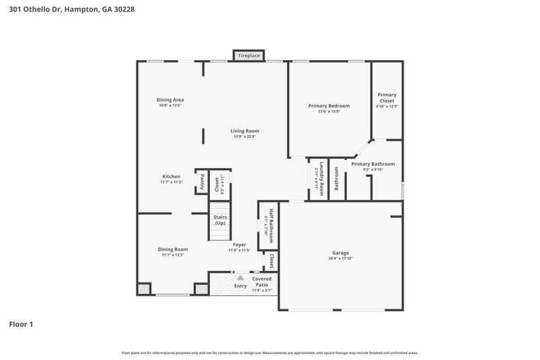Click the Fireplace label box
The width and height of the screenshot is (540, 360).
coord(249,55)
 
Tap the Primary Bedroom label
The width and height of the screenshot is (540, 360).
coord(329,106)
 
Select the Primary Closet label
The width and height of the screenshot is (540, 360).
coord(387,98)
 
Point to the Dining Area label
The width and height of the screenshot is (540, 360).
coord(171,99)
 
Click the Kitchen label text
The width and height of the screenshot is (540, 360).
coord(171,176)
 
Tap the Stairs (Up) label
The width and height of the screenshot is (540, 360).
coord(220,220)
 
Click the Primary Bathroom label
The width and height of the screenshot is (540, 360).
coord(373,164)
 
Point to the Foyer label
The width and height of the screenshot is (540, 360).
coord(239,245)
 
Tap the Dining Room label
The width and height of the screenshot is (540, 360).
coord(173,249)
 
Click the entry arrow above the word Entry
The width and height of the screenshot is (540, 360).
coord(240,277)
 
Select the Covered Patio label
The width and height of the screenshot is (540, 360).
coord(262,282)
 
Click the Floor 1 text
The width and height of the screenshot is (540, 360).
coord(21,324)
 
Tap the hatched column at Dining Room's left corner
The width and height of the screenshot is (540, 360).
coord(143,289)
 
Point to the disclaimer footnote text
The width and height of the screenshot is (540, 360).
coord(269,353)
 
